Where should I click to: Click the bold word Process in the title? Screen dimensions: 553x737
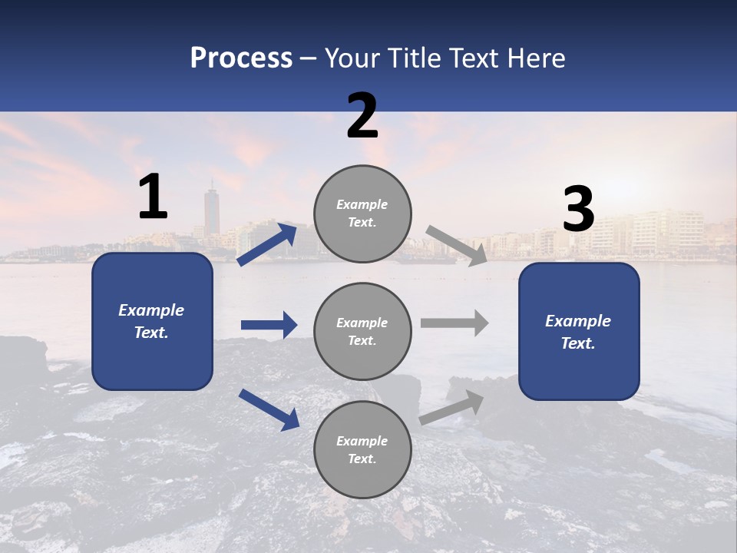pos(241,58)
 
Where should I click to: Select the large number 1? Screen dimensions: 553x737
pos(153,197)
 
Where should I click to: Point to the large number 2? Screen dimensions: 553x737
pos(362,116)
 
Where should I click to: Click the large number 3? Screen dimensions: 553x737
pos(578,210)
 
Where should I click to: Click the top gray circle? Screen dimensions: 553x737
pos(362,214)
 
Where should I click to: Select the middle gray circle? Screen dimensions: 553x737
pos(362,331)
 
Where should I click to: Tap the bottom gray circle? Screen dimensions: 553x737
pos(362,449)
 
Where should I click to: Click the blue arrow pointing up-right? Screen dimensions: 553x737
pos(268,244)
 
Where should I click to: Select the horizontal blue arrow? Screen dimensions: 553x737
pos(269,325)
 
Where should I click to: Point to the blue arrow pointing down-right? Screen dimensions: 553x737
pos(269,409)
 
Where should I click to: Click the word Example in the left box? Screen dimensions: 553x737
pos(151,310)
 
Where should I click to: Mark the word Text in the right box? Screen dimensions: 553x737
pos(577,343)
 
